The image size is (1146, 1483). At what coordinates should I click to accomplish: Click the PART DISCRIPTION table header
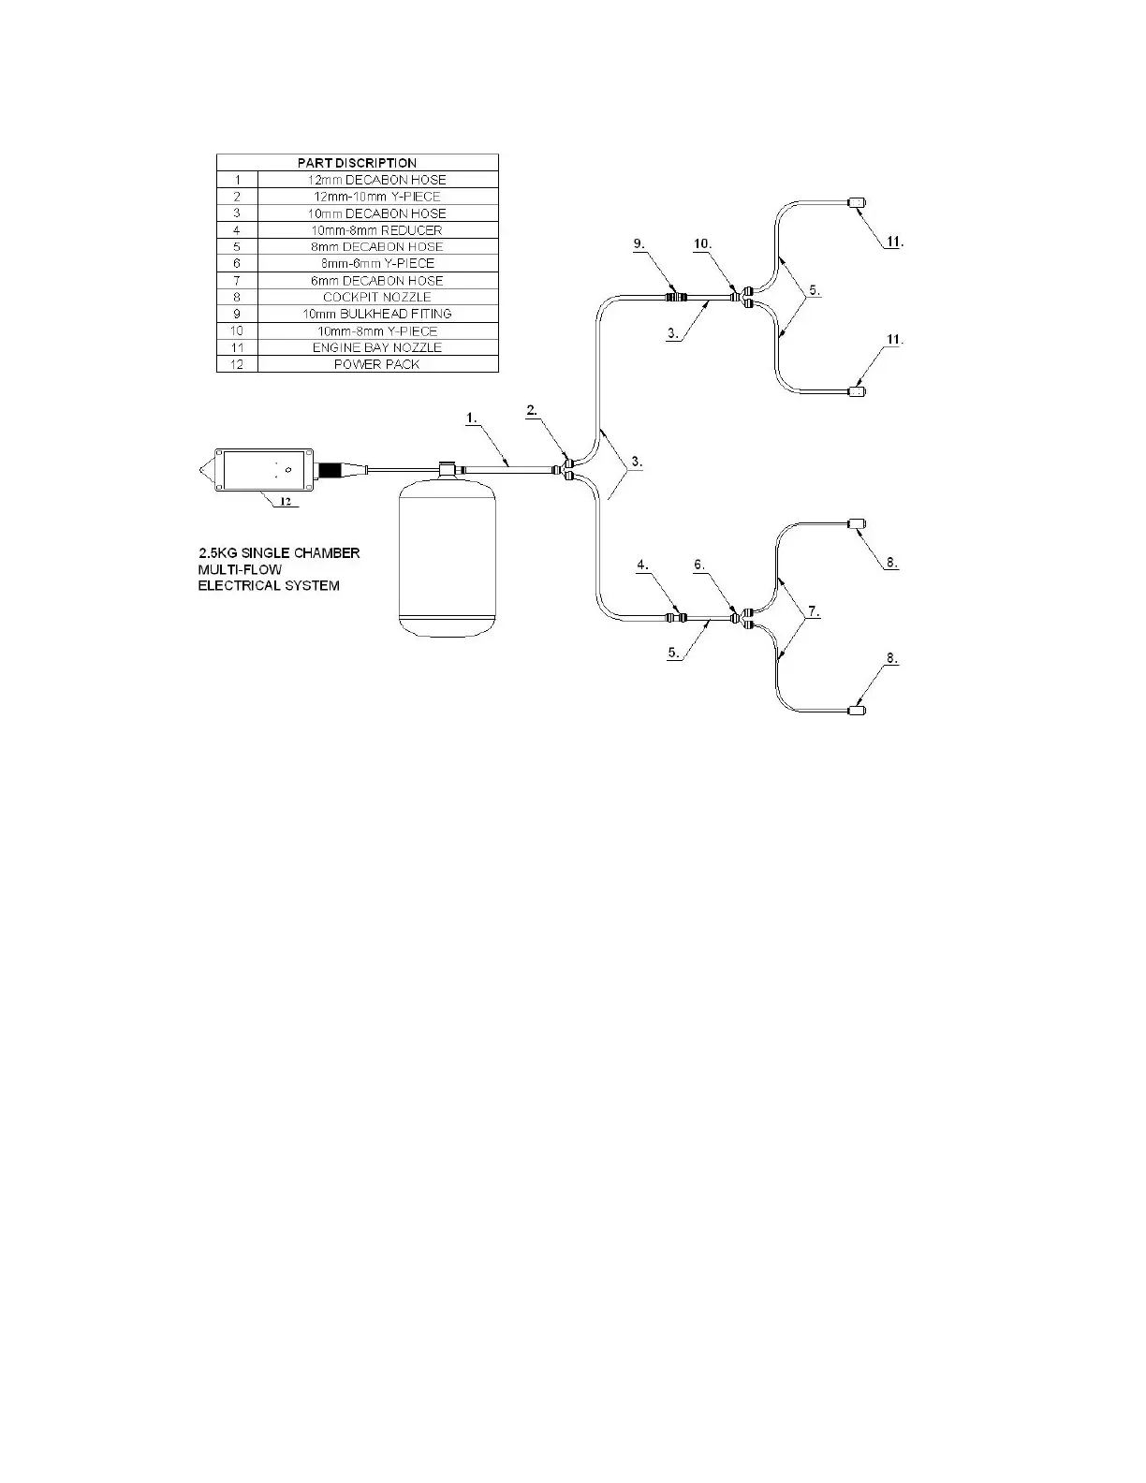[357, 163]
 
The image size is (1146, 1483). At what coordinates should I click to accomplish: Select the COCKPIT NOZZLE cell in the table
[376, 297]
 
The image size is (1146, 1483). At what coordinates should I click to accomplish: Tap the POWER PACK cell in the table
[376, 364]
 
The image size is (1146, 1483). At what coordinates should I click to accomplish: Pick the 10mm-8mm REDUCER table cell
[376, 230]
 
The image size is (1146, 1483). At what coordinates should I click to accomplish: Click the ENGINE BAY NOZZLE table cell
[376, 347]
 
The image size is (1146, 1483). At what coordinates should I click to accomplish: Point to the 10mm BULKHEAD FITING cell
[376, 314]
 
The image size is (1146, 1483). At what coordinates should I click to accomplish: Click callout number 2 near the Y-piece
[532, 410]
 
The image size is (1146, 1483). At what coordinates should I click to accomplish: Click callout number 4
[642, 565]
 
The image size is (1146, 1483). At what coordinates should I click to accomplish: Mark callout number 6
[699, 565]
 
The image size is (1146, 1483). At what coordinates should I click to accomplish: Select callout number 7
[814, 611]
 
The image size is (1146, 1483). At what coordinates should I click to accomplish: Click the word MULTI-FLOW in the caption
[240, 569]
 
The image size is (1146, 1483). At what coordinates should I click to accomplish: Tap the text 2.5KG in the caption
[218, 552]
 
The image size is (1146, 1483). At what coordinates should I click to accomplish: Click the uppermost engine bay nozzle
[856, 203]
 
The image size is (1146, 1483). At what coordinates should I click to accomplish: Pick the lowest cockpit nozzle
[856, 710]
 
